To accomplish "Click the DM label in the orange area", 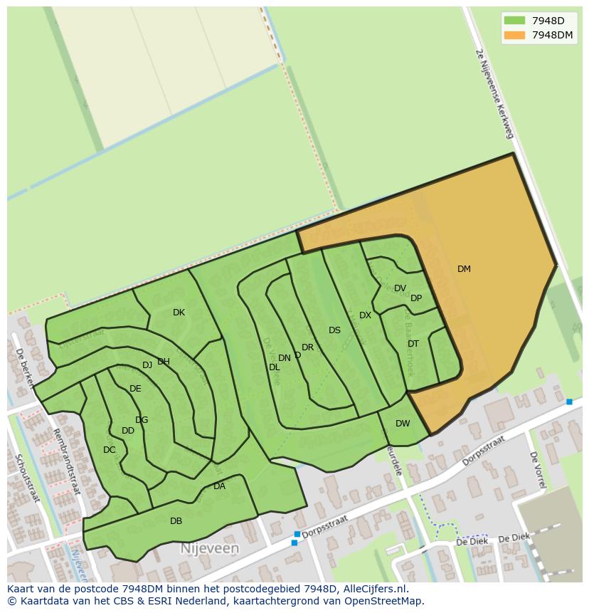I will pyautogui.click(x=464, y=269).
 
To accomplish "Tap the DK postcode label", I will pyautogui.click(x=179, y=313).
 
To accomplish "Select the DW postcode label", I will pyautogui.click(x=403, y=424).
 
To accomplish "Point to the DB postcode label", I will pyautogui.click(x=176, y=521).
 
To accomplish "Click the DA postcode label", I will pyautogui.click(x=219, y=486).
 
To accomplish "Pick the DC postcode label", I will pyautogui.click(x=109, y=450).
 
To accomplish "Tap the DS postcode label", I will pyautogui.click(x=334, y=330).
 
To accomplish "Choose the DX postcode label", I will pyautogui.click(x=365, y=315).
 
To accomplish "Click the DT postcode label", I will pyautogui.click(x=413, y=344).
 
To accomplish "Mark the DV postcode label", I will pyautogui.click(x=400, y=288).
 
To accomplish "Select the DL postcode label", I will pyautogui.click(x=274, y=367).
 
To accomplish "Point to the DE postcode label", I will pyautogui.click(x=135, y=389).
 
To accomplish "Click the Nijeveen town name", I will pyautogui.click(x=209, y=549).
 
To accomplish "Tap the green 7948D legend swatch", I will pyautogui.click(x=514, y=21).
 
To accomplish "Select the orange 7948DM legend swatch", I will pyautogui.click(x=514, y=35).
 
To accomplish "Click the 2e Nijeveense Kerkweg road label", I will pyautogui.click(x=494, y=93).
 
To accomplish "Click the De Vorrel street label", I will pyautogui.click(x=538, y=469).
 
